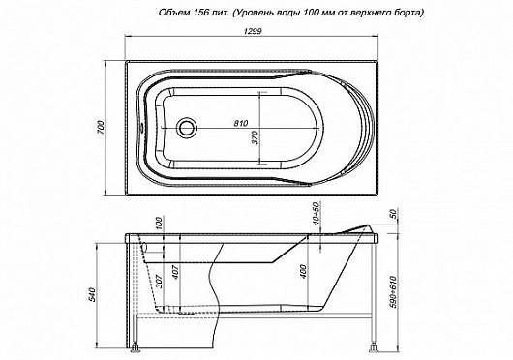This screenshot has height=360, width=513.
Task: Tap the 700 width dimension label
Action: click(99, 128)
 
